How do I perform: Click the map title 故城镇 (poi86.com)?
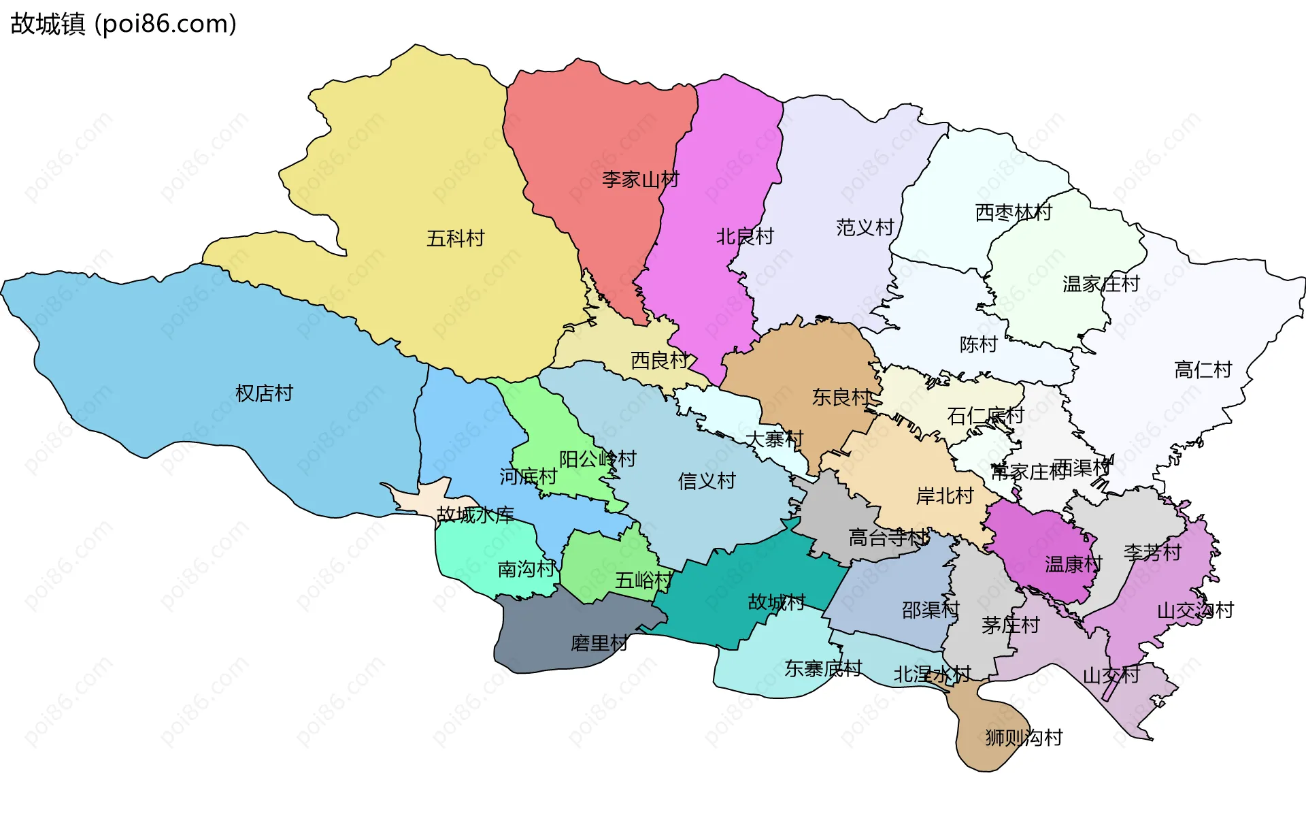pos(123,24)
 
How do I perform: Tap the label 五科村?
pos(455,238)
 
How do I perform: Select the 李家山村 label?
pos(640,180)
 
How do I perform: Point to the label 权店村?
pos(264,393)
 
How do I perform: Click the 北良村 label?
pos(745,236)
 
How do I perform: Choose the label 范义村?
pos(865,227)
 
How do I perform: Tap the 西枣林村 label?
pos(1013,212)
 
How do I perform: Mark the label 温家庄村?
pos(1101,284)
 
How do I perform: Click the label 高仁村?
pos(1203,370)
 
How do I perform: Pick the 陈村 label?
pos(978,344)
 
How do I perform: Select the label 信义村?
pos(707,481)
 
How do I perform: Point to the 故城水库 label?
pos(475,515)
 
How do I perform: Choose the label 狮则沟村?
pos(1024,737)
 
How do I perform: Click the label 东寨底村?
pos(823,668)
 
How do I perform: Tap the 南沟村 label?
pos(526,569)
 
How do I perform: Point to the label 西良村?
pos(659,360)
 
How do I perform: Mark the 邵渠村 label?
pos(930,610)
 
